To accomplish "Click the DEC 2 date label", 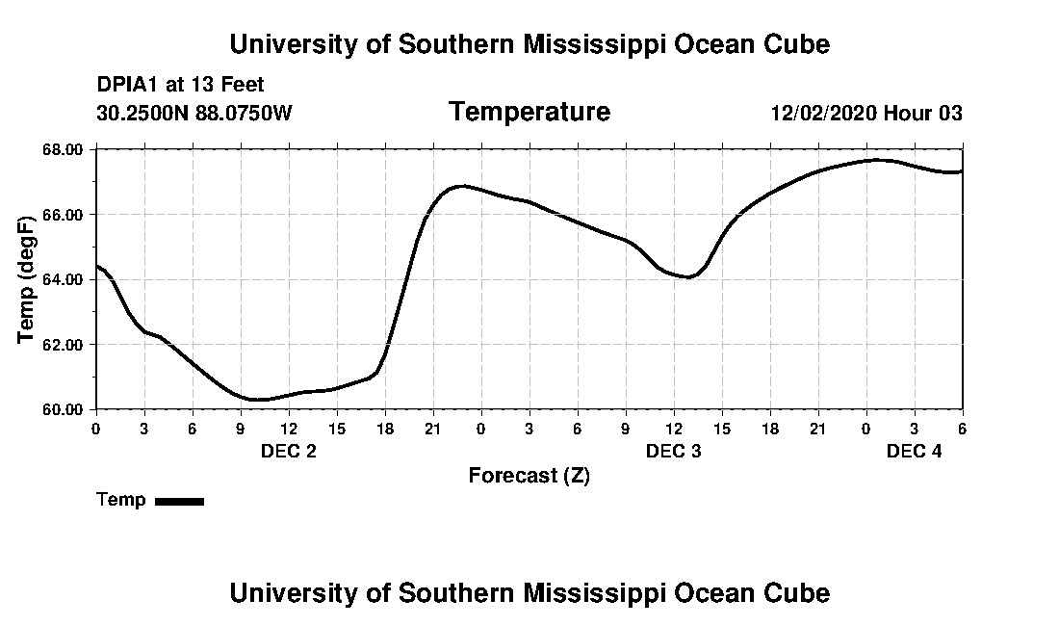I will pyautogui.click(x=289, y=451).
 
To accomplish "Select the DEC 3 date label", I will pyautogui.click(x=674, y=451).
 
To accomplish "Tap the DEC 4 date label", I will pyautogui.click(x=914, y=451).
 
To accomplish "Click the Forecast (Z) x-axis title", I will pyautogui.click(x=529, y=476).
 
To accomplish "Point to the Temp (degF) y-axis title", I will pyautogui.click(x=26, y=279).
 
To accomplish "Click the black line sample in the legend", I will pyautogui.click(x=179, y=501).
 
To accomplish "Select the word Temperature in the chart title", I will pyautogui.click(x=529, y=112).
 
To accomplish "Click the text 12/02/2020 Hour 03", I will pyautogui.click(x=865, y=114).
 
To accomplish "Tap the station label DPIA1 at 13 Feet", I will pyautogui.click(x=180, y=85).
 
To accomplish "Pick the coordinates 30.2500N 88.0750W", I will pyautogui.click(x=194, y=114).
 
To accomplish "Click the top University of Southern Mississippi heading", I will pyautogui.click(x=529, y=44).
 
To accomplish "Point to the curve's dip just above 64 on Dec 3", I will pyautogui.click(x=688, y=277).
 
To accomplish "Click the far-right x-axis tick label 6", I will pyautogui.click(x=962, y=428).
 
